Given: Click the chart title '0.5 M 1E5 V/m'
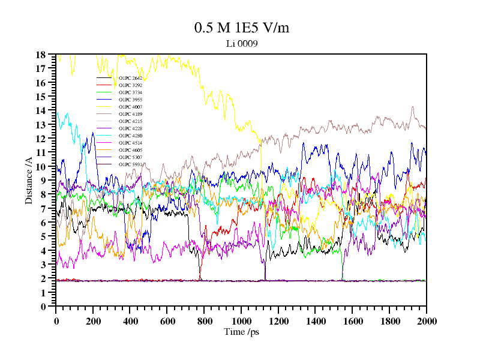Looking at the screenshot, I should click(238, 28).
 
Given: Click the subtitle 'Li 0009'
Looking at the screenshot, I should click(238, 43).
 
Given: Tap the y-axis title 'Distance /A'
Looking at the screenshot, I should click(28, 180).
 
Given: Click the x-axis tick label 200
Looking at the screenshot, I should click(93, 321).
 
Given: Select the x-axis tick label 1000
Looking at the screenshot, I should click(241, 321).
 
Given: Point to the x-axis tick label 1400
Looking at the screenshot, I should click(315, 321).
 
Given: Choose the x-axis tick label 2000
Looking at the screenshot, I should click(426, 321).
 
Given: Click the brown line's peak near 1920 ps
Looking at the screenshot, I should click(412, 107).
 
